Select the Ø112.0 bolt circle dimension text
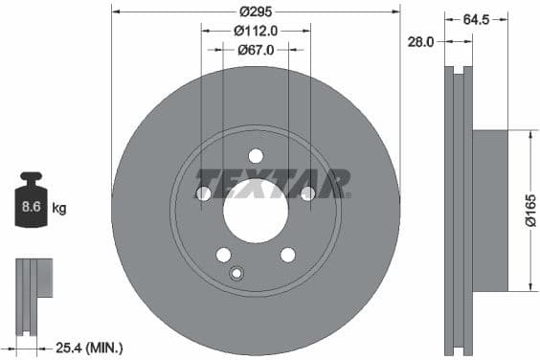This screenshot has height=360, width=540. (x=256, y=30)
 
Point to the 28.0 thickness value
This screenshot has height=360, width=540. (x=421, y=41)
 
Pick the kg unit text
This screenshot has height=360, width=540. (x=59, y=207)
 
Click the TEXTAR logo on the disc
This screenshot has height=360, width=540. (x=273, y=182)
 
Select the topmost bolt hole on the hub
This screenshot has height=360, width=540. (x=256, y=156)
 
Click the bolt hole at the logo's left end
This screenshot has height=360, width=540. (x=203, y=194)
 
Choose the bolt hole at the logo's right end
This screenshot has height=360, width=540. (x=308, y=194)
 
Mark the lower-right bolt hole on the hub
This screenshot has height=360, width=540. (x=288, y=255)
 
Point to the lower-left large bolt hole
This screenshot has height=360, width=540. (x=223, y=255)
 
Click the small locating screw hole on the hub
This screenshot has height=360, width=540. (x=237, y=274)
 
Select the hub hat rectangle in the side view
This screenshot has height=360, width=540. (x=489, y=210)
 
